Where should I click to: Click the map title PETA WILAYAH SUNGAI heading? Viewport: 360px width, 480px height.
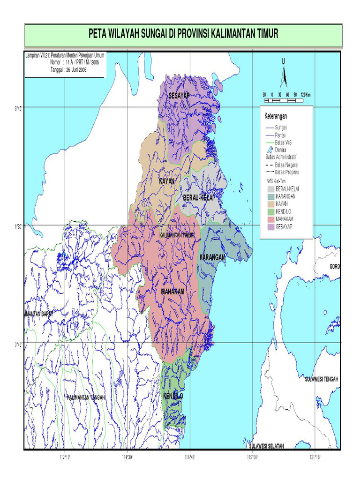click(183, 34)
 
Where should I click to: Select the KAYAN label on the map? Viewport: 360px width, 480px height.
click(167, 181)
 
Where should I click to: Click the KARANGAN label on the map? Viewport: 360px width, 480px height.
click(212, 258)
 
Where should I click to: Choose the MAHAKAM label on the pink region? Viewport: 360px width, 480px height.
click(172, 292)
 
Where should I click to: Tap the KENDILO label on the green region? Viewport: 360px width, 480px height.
click(173, 397)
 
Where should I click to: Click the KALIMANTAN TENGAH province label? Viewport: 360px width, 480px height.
click(86, 397)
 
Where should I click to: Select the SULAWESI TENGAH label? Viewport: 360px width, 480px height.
click(321, 379)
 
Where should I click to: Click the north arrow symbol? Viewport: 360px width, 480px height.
click(284, 75)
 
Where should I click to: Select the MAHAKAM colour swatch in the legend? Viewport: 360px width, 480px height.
click(270, 219)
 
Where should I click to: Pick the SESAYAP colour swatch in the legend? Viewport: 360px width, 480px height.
click(270, 226)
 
